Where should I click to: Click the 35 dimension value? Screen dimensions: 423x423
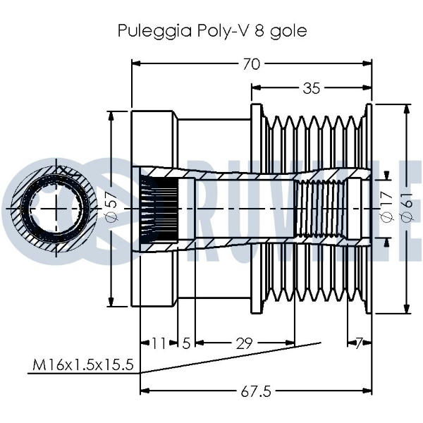(x=311, y=88)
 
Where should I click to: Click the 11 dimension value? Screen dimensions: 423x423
(x=159, y=343)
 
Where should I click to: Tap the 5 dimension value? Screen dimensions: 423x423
(x=186, y=343)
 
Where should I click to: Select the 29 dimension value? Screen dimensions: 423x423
(x=244, y=343)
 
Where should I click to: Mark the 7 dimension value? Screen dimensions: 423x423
(x=360, y=343)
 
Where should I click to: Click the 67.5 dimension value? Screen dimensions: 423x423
(x=257, y=390)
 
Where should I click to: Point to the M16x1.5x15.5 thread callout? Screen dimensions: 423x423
(x=83, y=365)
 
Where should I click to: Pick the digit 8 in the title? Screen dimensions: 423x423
(x=259, y=32)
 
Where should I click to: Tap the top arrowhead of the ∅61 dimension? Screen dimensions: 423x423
(x=407, y=108)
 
